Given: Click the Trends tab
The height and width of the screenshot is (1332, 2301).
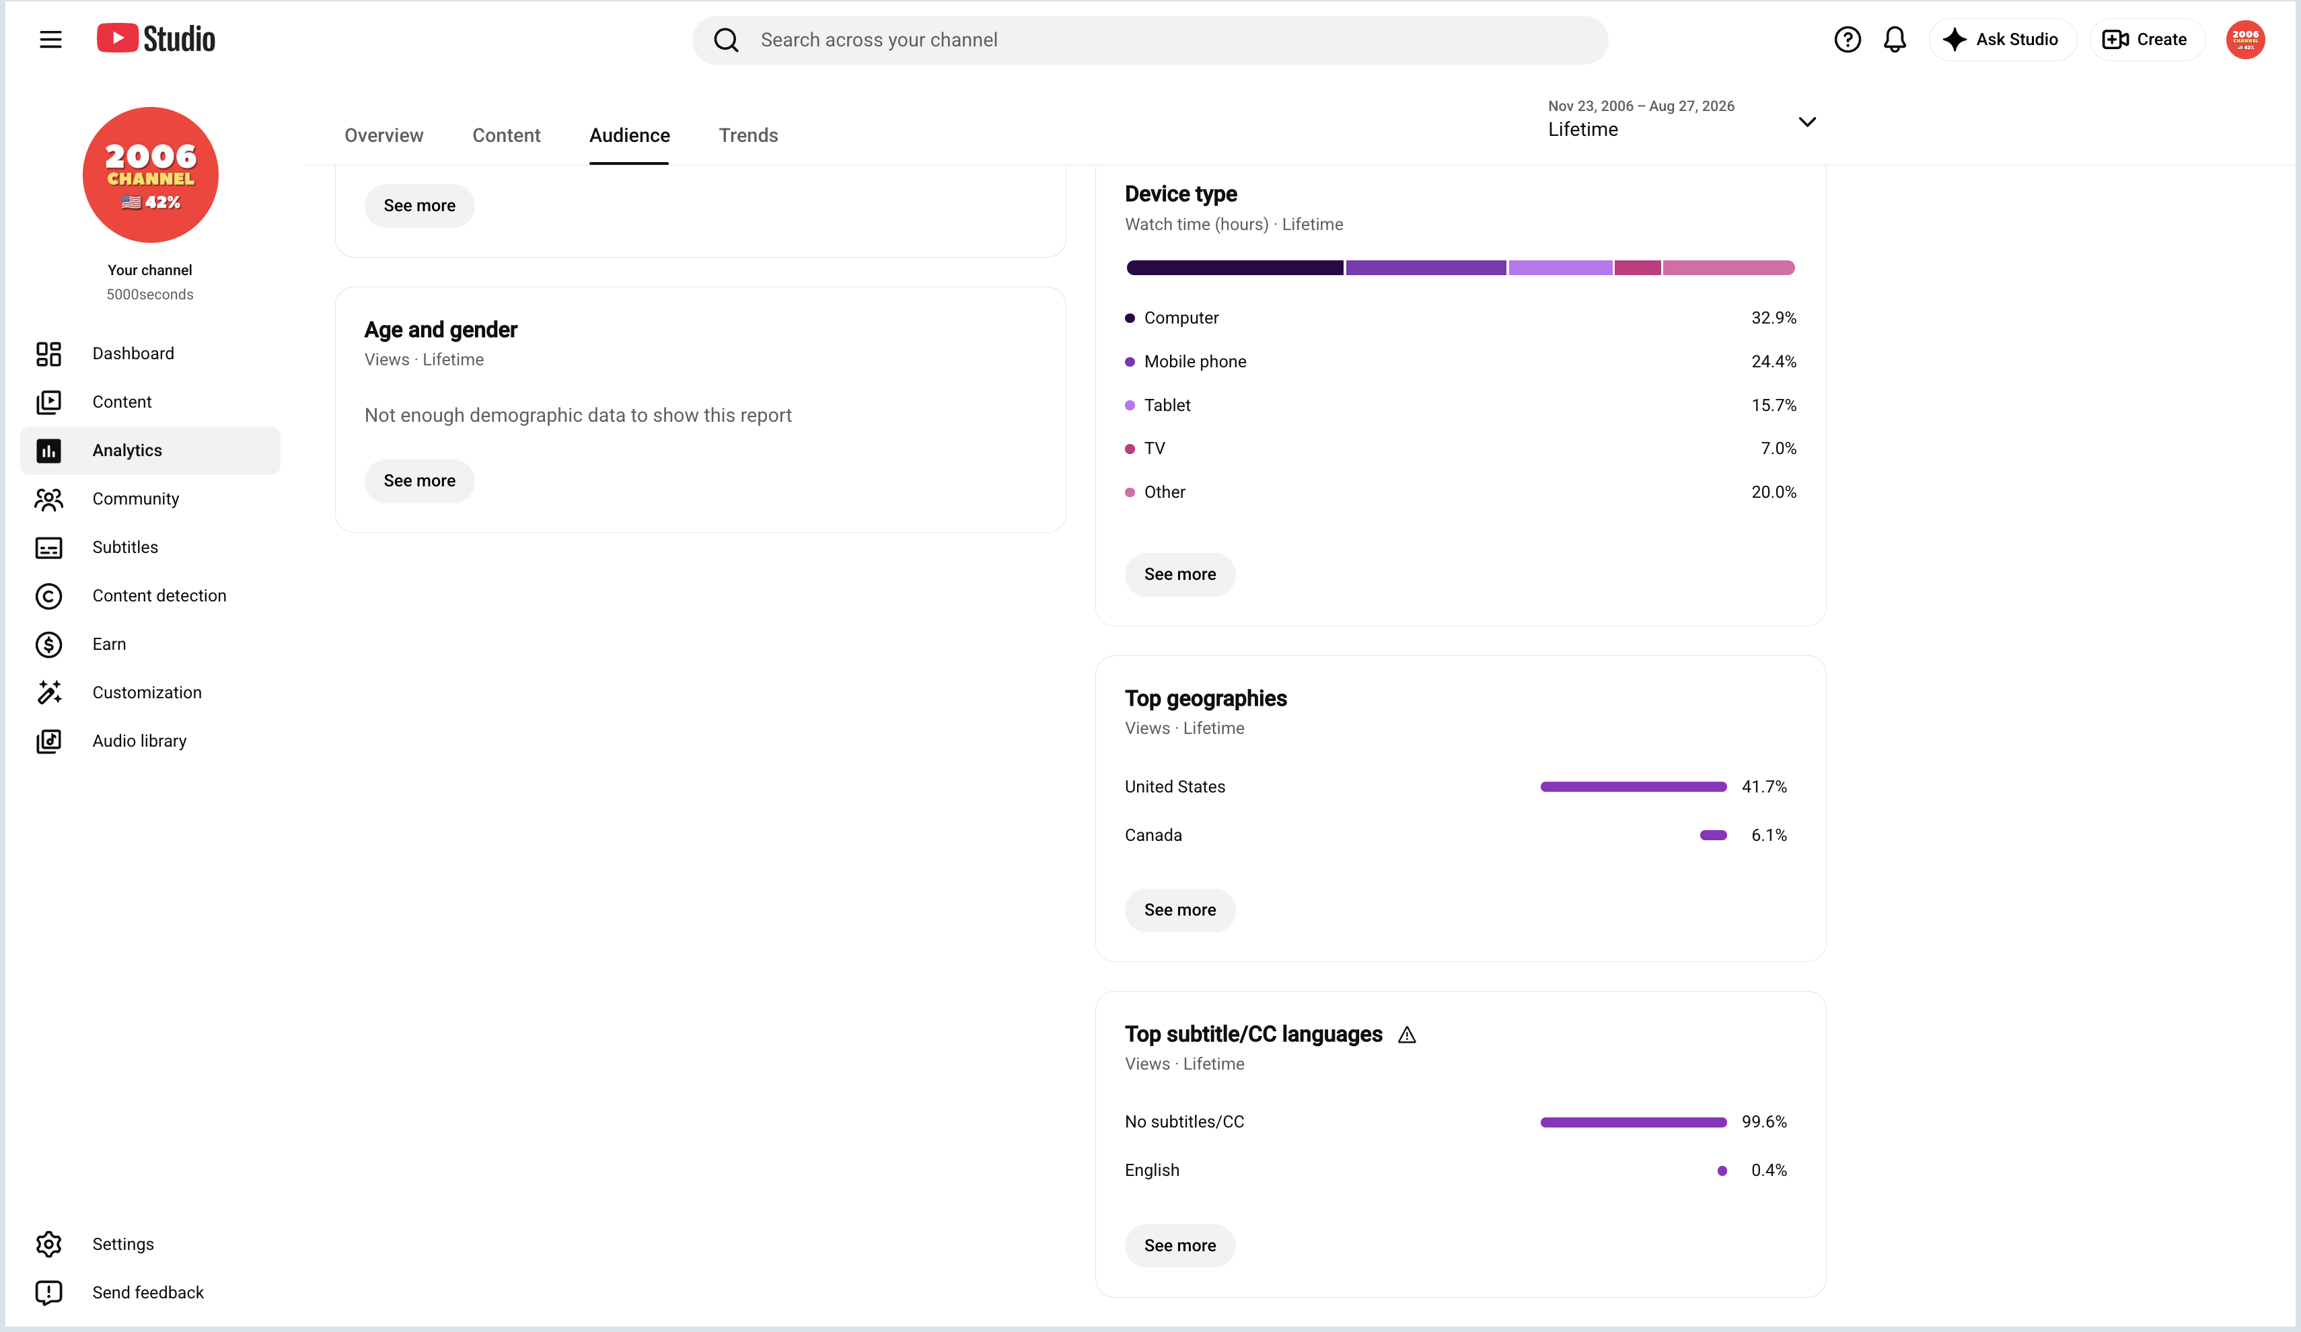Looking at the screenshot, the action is pyautogui.click(x=748, y=135).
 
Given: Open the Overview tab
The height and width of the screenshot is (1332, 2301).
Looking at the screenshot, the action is pyautogui.click(x=383, y=135).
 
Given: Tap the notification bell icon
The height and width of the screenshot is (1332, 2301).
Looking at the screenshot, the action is pyautogui.click(x=1895, y=39).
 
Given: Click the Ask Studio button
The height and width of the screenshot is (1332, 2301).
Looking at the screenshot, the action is pyautogui.click(x=2002, y=39).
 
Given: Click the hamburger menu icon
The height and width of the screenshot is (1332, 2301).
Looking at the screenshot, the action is pyautogui.click(x=51, y=39).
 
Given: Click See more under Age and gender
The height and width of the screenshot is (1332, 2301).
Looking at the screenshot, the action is pyautogui.click(x=419, y=480).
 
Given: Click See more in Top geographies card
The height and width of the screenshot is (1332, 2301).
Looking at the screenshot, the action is pyautogui.click(x=1179, y=910).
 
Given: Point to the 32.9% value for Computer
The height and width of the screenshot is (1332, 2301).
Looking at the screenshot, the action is pyautogui.click(x=1774, y=318).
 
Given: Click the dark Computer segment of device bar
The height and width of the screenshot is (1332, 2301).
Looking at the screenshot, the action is pyautogui.click(x=1235, y=268).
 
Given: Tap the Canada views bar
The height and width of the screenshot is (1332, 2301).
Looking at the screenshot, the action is pyautogui.click(x=1713, y=834).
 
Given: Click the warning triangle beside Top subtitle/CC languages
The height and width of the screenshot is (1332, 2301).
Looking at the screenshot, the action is pyautogui.click(x=1407, y=1035).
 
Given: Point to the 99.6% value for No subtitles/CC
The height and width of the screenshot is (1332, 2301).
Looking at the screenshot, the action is pyautogui.click(x=1763, y=1121).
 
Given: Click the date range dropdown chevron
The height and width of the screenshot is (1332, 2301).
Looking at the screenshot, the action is pyautogui.click(x=1807, y=121).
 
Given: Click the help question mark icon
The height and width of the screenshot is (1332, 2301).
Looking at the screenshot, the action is pyautogui.click(x=1848, y=39).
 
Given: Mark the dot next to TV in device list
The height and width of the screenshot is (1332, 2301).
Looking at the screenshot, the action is pyautogui.click(x=1130, y=448).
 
